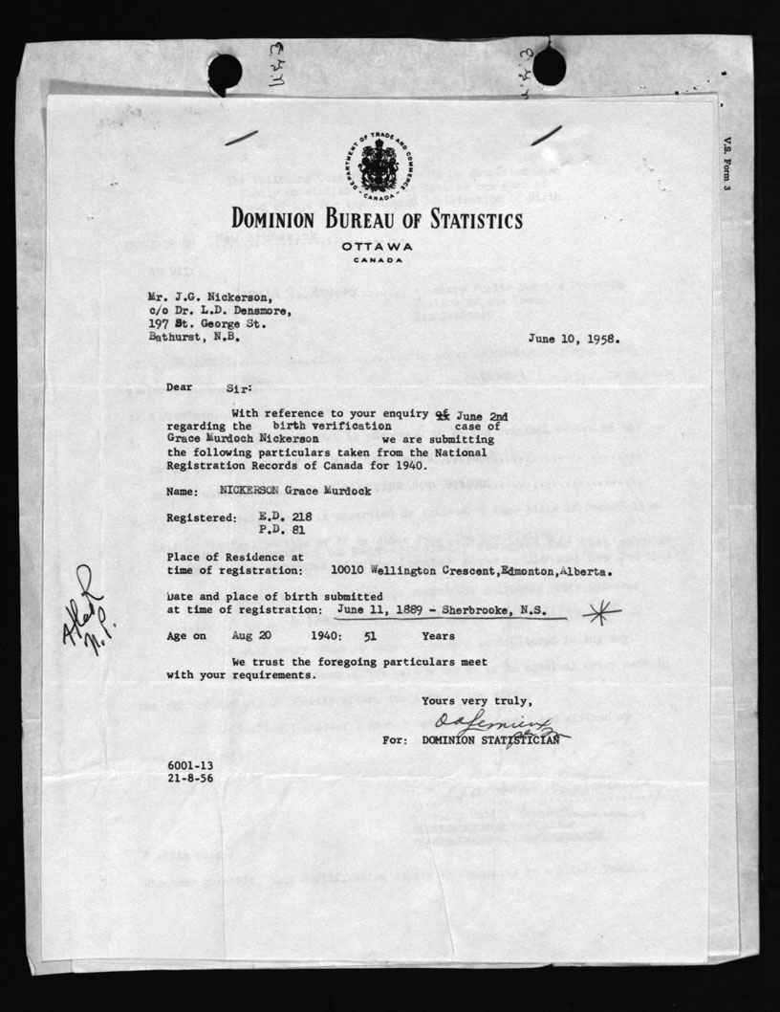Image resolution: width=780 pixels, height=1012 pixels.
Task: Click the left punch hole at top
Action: pos(226,71)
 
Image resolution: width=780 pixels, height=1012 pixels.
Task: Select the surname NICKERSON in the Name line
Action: pos(256,492)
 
